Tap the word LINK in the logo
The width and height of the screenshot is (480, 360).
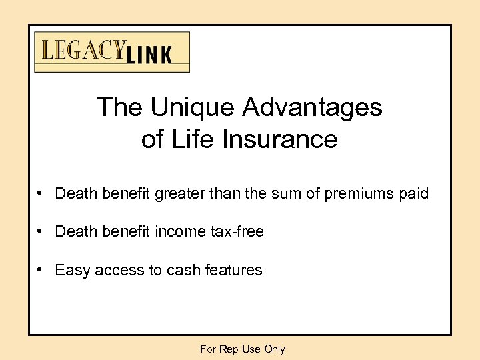(x=148, y=55)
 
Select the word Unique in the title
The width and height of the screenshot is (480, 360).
(x=193, y=107)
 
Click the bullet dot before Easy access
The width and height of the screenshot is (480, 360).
(x=41, y=269)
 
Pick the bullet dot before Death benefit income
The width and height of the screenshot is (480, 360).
(x=41, y=231)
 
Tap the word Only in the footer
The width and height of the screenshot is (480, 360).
(x=275, y=349)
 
